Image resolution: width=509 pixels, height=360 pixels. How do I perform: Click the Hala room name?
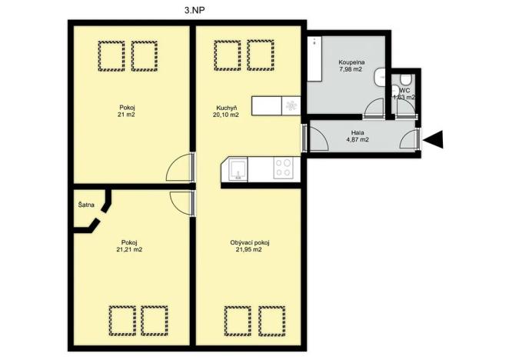tap(357, 132)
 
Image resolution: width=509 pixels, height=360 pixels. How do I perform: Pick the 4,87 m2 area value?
tap(357, 140)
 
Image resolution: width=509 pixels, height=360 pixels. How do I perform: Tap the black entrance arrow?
tap(434, 139)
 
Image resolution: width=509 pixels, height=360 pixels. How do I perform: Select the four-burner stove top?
tap(283, 168)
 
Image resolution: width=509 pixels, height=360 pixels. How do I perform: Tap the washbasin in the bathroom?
tap(381, 76)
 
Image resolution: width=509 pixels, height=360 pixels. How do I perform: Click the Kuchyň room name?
tap(226, 107)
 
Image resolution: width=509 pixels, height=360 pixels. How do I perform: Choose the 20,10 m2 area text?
tap(226, 115)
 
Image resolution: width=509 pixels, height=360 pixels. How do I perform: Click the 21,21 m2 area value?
tap(128, 250)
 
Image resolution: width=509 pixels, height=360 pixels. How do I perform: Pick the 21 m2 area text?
tap(126, 115)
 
